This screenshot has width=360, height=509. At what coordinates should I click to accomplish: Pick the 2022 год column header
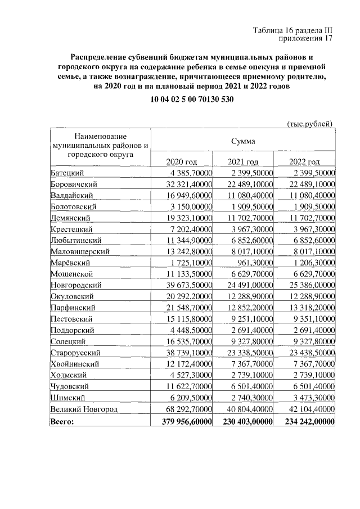(x=304, y=162)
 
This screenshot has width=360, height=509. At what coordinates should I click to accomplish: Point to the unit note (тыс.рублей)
(x=310, y=123)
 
